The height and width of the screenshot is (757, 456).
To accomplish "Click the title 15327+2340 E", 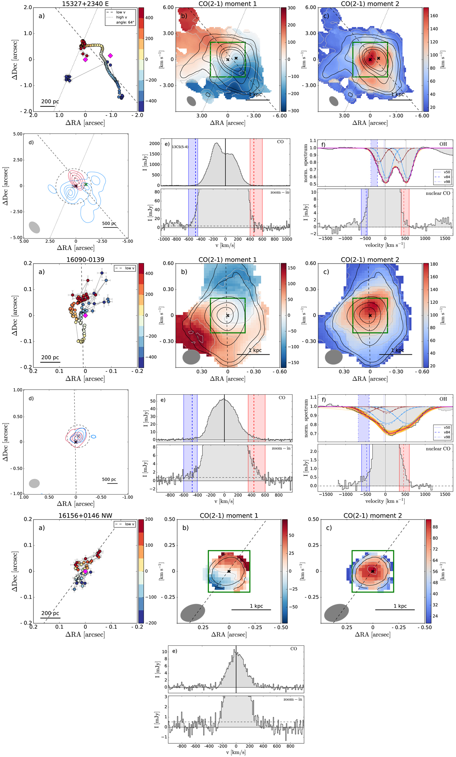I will point(85,4).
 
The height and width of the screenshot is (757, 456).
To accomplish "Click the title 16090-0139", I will point(85,260).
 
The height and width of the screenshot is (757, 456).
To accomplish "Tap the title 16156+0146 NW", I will point(85,515).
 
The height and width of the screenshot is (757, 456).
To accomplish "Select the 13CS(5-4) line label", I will point(180,147).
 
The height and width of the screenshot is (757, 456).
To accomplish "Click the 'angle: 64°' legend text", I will point(125,22).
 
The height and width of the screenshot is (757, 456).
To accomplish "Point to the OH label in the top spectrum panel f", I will point(443,144).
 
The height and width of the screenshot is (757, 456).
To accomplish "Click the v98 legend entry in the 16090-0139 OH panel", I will point(447,437).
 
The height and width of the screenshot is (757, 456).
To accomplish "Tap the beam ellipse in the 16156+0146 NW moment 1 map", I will point(193,613).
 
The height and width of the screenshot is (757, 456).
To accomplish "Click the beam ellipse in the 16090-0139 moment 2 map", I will point(334,357).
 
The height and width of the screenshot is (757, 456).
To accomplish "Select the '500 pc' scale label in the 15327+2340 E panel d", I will point(109,223).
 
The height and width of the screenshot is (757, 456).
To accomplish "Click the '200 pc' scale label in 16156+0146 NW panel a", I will point(50,613).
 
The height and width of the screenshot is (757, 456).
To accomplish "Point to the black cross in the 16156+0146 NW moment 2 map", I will point(373,571).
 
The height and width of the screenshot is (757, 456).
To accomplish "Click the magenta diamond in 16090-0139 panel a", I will point(85,316).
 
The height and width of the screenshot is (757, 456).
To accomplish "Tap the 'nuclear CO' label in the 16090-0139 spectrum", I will point(438,449).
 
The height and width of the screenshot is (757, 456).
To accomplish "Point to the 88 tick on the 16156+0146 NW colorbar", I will point(435,527).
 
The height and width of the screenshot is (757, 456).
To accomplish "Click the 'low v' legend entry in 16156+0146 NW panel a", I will point(128,524).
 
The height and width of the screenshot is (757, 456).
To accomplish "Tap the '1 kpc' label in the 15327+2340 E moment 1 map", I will point(256,94).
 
